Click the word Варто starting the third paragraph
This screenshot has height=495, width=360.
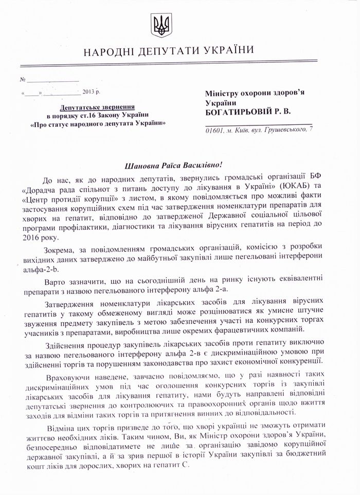(x=56, y=284)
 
